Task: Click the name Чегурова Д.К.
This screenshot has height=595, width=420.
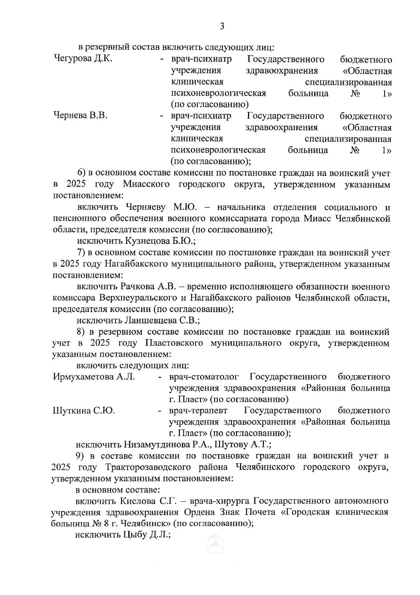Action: pos(83,59)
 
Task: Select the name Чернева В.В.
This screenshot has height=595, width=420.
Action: pos(80,116)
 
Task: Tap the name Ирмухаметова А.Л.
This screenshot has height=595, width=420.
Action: pos(94,377)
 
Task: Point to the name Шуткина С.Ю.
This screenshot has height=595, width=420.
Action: pos(84,410)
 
